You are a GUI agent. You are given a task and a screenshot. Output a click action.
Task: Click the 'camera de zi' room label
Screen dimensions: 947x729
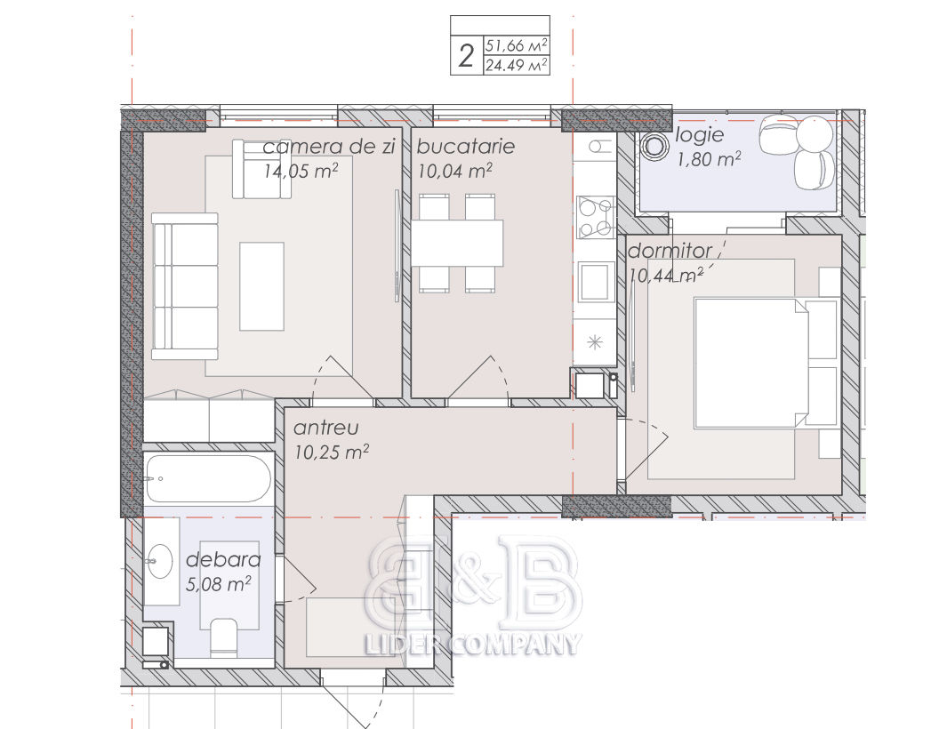point(328,146)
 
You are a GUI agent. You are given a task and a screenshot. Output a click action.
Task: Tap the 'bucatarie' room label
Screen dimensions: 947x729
point(466,146)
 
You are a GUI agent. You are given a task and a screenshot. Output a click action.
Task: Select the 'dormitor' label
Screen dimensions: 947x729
point(670,251)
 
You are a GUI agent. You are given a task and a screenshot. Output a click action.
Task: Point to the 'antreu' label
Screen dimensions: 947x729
point(326,428)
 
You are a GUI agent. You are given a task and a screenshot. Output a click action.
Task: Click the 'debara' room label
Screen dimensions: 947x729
point(223,560)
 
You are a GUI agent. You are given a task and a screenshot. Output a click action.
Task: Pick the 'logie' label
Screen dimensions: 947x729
point(699,134)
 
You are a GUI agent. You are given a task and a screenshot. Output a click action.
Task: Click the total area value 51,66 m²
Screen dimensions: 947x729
point(517,45)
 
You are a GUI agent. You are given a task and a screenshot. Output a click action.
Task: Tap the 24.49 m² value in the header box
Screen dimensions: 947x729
point(517,65)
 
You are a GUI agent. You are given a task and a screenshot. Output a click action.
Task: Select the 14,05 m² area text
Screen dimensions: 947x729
point(301,171)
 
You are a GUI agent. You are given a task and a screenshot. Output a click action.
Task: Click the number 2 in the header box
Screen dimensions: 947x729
point(466,56)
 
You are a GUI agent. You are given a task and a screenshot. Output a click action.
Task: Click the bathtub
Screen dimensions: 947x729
point(207,478)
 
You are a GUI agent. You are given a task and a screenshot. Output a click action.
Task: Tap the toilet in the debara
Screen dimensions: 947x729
point(223,637)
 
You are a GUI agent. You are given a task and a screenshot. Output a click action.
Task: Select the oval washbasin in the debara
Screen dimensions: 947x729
point(160,560)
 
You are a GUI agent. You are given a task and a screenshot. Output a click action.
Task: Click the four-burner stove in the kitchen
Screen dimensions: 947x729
point(596,218)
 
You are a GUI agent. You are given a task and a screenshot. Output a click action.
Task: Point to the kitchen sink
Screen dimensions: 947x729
point(594,281)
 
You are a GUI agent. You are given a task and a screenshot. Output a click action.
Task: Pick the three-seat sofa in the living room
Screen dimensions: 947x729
point(184,286)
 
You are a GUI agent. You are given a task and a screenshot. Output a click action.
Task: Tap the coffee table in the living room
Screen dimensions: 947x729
point(261,286)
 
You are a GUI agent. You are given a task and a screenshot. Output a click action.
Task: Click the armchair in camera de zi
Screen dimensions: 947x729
point(261,169)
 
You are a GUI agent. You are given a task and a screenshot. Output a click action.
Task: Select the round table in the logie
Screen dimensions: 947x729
point(654,146)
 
